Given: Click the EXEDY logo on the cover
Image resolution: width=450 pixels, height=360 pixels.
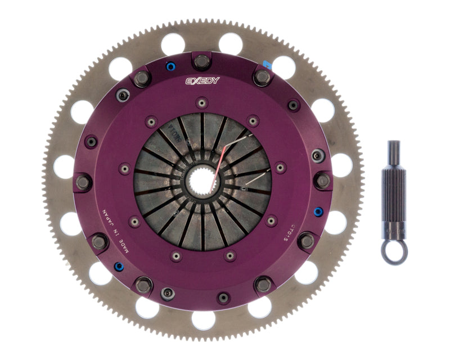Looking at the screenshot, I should tap(203, 81).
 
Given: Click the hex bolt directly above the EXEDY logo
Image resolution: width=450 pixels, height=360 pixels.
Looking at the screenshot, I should tap(202, 60).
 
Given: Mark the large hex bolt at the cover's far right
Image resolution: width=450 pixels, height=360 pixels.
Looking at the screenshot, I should tap(322, 181).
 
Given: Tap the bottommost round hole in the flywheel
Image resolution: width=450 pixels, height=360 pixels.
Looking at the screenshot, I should tap(202, 320).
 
